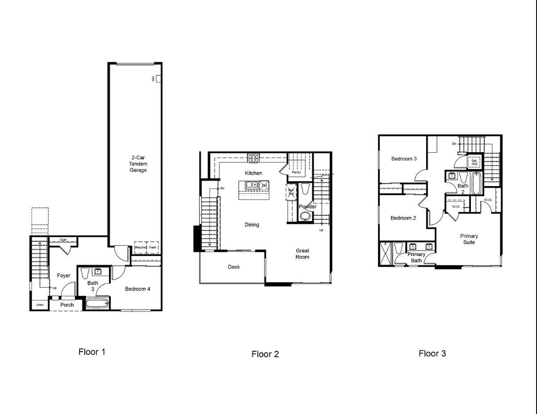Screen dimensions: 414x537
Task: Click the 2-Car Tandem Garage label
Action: tap(138, 164)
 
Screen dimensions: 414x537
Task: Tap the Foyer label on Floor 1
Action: tap(63, 276)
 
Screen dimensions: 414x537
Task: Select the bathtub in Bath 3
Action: tap(97, 304)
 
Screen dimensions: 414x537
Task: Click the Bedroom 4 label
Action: tap(137, 289)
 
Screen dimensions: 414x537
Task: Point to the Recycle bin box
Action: tap(140, 248)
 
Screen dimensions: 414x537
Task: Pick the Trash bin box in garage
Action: tap(153, 248)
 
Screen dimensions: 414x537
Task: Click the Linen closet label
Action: tap(40, 305)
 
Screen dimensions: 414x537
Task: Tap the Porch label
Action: tap(67, 305)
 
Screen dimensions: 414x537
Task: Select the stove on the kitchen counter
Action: tap(254, 158)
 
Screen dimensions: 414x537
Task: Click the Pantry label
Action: tap(296, 172)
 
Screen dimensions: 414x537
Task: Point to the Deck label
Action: tap(234, 267)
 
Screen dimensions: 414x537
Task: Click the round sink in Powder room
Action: tap(305, 217)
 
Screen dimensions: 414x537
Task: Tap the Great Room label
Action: tap(302, 254)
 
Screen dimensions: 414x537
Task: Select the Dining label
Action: tap(252, 225)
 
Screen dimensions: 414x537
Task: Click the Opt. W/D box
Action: tap(474, 162)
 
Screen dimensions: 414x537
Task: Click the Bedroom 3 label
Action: tap(404, 159)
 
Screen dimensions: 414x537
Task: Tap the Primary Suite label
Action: tap(469, 239)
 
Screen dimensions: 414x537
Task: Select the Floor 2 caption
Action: tap(265, 354)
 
